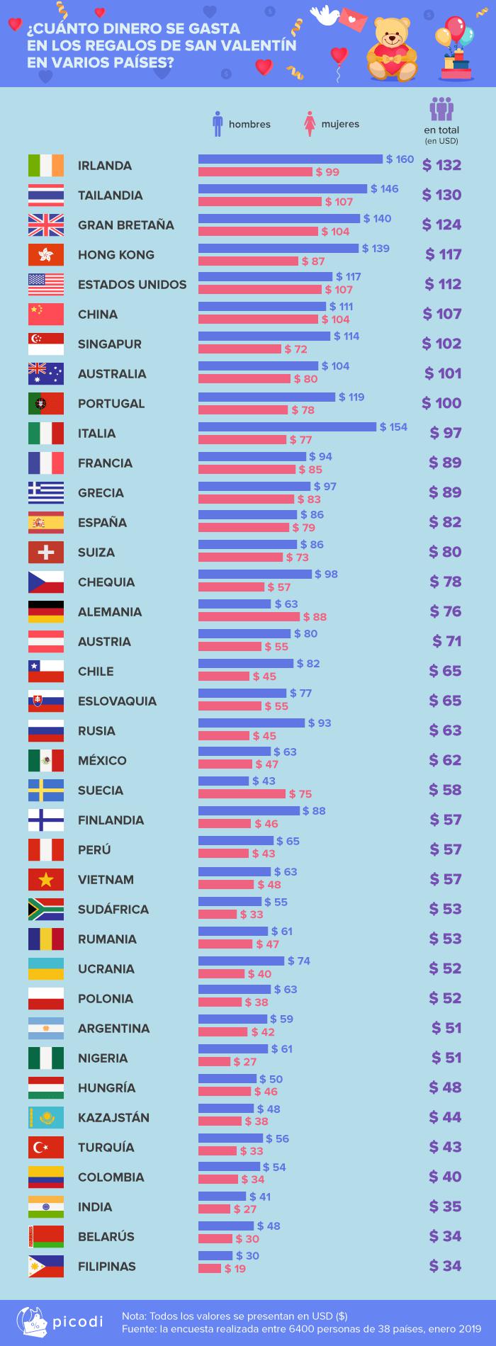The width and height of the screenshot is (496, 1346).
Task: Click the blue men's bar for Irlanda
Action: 291,159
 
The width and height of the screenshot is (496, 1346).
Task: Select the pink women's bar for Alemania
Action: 249,617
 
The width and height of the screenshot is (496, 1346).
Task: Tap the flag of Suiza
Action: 46,552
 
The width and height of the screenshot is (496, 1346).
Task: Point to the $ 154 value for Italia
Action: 393,426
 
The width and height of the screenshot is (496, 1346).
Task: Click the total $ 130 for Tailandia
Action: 441,195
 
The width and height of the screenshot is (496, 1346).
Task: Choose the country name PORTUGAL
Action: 111,403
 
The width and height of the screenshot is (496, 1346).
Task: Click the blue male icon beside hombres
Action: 218,123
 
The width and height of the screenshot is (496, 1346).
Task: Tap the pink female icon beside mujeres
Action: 310,123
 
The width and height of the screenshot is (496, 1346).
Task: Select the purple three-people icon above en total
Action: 441,110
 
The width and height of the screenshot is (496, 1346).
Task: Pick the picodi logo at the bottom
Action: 60,1322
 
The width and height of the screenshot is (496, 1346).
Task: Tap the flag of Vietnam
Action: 46,879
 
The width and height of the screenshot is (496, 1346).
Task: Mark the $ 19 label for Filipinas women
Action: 235,1269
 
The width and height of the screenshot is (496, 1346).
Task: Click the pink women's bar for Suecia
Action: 242,794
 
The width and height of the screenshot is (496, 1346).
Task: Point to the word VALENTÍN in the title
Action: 261,46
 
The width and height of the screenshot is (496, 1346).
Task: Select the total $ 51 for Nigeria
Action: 446,1058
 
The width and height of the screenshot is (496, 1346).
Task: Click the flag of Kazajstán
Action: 46,1117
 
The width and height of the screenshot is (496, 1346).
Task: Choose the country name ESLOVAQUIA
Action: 117,701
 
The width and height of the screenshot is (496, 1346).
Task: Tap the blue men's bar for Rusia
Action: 252,723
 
